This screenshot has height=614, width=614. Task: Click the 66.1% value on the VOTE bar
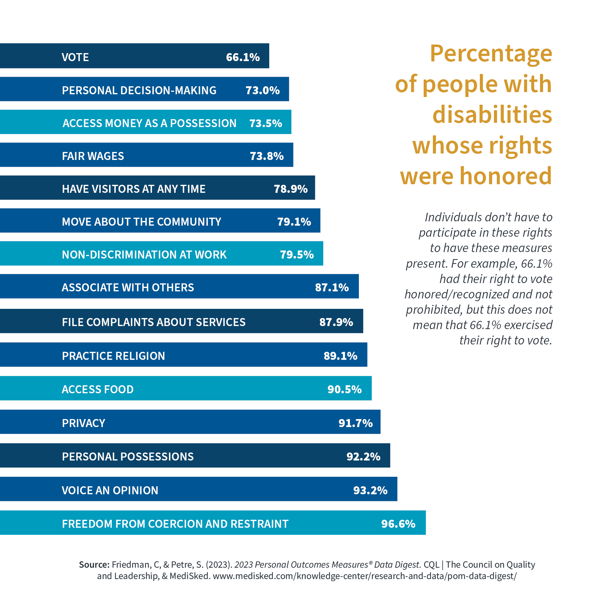243,57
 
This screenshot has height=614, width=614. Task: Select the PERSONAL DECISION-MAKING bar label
139,91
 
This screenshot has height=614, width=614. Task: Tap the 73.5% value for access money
266,123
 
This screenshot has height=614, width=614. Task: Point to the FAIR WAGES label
93,156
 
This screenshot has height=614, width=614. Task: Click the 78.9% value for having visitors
291,189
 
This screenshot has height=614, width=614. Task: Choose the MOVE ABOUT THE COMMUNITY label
142,222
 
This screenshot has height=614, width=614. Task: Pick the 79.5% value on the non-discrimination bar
297,255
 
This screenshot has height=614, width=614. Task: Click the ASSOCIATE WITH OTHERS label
128,288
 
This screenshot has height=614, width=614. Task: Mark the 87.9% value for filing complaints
336,322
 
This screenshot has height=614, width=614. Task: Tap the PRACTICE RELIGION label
114,356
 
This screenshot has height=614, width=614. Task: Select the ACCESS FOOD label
98,390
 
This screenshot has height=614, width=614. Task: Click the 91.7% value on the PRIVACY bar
356,423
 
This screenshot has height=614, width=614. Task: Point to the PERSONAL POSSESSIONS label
128,457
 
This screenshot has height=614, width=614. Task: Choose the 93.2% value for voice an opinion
371,490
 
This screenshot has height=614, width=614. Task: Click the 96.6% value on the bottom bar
398,524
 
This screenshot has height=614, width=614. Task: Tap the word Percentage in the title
491,53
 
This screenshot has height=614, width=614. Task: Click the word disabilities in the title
492,115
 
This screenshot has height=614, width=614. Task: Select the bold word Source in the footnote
94,565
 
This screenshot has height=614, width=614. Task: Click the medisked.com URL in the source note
365,576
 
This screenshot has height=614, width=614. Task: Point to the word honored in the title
506,176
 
